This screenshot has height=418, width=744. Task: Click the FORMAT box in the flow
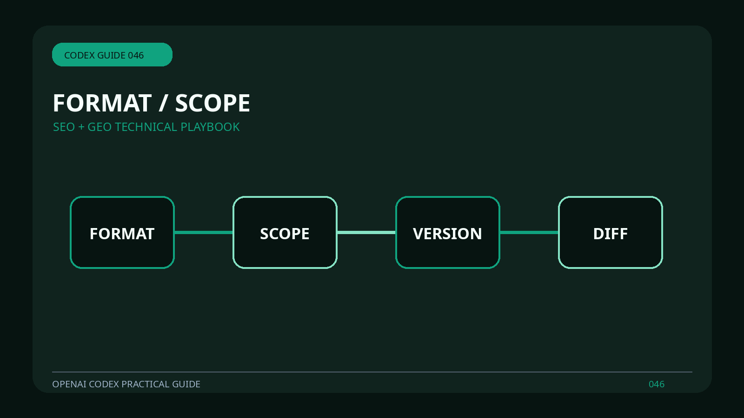122,232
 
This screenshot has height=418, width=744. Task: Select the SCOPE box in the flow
285,232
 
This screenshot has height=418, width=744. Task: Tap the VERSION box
448,232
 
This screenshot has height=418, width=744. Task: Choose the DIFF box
611,232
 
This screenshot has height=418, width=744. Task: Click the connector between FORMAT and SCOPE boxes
204,232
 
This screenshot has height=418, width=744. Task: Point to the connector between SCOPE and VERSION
366,232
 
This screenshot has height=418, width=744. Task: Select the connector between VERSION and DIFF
529,232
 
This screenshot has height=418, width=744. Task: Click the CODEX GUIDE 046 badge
112,54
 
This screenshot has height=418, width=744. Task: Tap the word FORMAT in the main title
102,103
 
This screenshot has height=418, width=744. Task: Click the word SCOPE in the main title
213,103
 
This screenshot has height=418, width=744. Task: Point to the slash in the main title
162,103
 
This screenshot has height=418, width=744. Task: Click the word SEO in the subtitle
64,127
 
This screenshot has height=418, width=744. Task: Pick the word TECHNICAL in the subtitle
146,127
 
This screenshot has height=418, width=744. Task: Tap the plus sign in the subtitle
81,127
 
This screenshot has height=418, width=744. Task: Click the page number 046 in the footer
657,384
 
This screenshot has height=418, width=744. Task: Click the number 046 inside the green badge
136,55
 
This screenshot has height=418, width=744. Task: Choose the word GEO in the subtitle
100,127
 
